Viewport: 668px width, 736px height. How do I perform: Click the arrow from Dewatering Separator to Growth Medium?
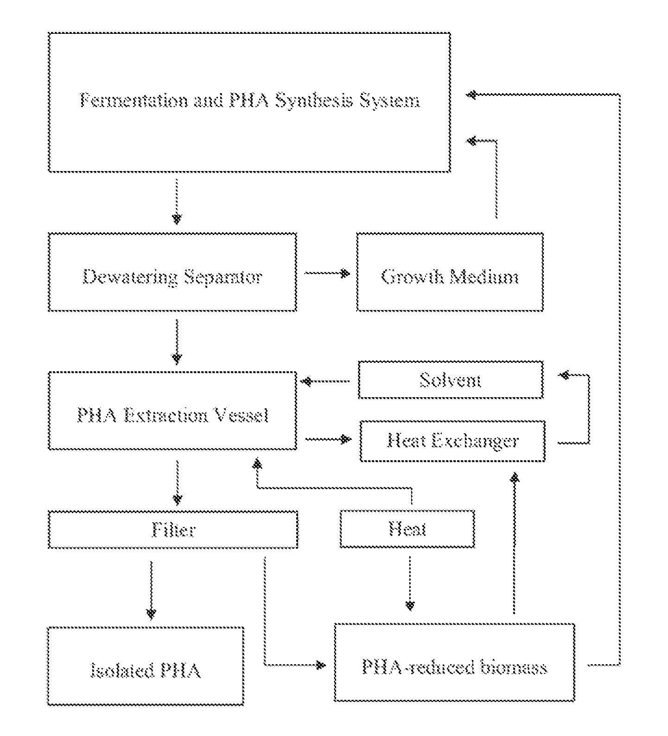[x=326, y=273]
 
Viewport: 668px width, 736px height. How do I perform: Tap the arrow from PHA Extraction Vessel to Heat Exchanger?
[x=328, y=438]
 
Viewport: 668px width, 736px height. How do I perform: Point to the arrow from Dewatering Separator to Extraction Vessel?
[x=177, y=341]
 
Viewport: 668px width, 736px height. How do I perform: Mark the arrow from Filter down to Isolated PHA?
[x=151, y=590]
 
